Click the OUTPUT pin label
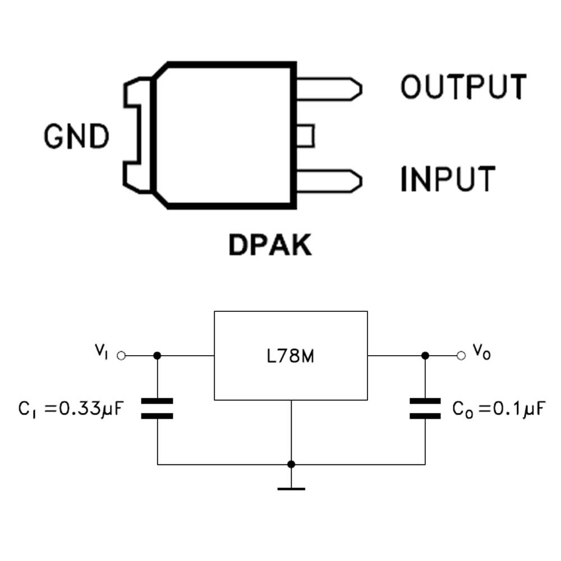point(463,87)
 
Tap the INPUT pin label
point(448,179)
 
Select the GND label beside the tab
point(77,136)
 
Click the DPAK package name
point(270,245)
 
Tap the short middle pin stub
point(305,136)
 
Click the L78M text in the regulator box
point(291,356)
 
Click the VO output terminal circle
point(461,356)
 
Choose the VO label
point(481,352)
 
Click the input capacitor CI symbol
point(157,408)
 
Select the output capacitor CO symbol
point(425,408)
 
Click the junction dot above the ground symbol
point(291,465)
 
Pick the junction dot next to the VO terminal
point(425,356)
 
